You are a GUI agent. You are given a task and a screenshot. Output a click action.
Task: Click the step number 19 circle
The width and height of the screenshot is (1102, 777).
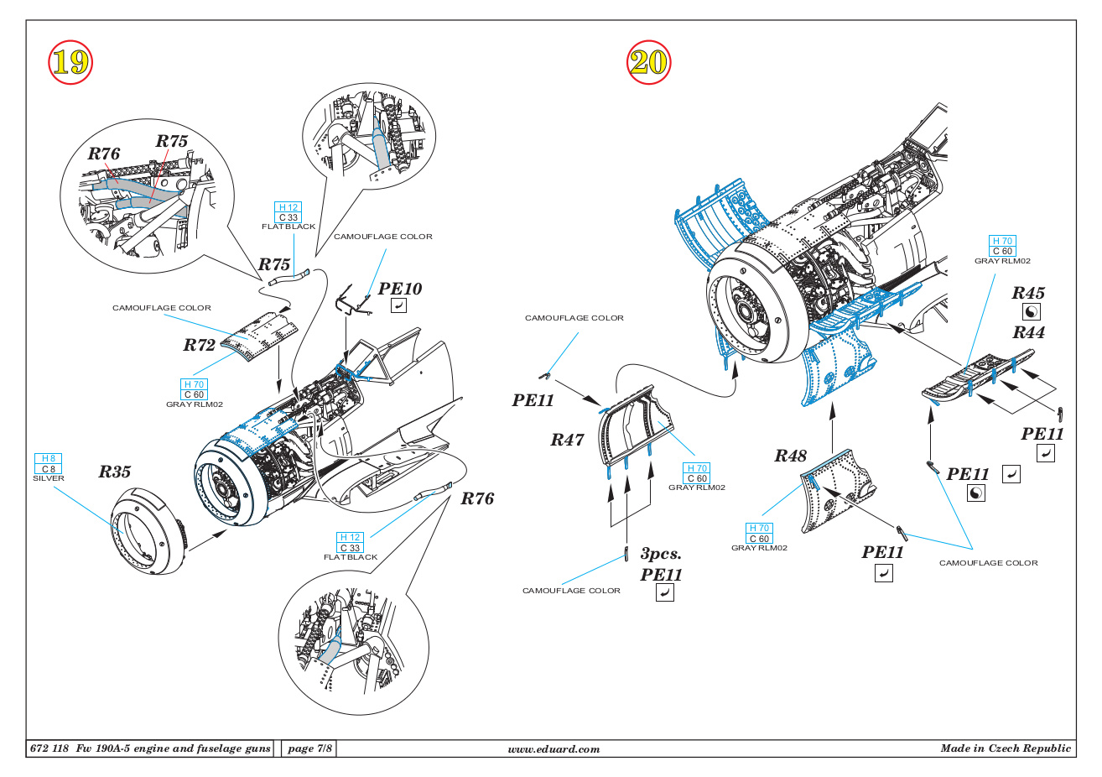[70, 62]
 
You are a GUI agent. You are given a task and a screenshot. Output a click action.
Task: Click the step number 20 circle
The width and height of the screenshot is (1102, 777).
[648, 62]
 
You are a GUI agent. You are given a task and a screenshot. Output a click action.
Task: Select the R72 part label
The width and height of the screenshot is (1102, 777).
[200, 345]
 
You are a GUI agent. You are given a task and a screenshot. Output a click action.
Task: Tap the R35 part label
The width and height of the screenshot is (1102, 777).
[115, 472]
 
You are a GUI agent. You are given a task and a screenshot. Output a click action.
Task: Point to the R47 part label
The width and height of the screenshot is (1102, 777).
[567, 440]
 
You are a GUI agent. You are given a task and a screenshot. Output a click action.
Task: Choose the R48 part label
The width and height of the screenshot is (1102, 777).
[790, 456]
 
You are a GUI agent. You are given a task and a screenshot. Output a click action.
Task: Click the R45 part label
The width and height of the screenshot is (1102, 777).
[1028, 293]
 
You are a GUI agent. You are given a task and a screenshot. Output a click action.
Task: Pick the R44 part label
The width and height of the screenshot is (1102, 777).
[1028, 332]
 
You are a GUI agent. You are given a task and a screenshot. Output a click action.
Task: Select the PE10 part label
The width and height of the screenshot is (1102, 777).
[400, 289]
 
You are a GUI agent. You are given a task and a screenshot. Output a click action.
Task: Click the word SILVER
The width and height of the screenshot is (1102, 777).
[49, 478]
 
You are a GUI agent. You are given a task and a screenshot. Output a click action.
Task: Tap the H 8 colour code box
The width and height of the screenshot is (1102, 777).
[49, 459]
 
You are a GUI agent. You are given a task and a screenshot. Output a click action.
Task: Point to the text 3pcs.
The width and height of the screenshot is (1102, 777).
[661, 554]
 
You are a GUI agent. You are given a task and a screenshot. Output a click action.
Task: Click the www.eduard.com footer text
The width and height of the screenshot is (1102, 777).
[554, 749]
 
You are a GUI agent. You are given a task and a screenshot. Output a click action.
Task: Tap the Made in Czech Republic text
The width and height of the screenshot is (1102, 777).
[1006, 748]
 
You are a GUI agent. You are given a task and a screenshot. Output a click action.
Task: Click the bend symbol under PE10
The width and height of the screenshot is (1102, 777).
[399, 306]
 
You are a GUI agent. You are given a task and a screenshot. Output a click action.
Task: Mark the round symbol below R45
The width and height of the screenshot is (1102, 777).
[1032, 312]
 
